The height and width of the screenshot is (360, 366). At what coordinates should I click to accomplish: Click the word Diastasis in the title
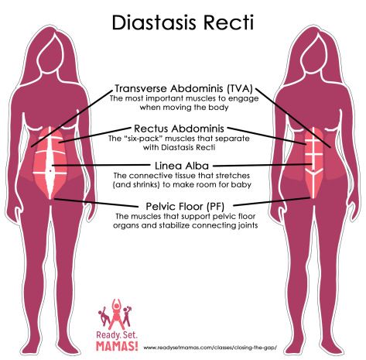[x=156, y=22]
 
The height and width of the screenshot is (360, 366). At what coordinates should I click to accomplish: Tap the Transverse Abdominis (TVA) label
[x=183, y=88]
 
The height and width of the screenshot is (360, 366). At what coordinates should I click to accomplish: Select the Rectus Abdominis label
[x=180, y=129]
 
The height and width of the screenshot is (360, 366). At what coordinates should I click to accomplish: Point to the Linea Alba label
[x=182, y=166]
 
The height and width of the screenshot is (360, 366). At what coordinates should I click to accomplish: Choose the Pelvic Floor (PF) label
[x=185, y=207]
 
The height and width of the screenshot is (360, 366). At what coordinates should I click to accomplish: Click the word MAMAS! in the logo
[x=117, y=346]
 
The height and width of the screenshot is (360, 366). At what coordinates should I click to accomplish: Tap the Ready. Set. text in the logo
[x=117, y=335]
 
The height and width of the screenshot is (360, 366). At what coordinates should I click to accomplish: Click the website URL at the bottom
[x=210, y=348]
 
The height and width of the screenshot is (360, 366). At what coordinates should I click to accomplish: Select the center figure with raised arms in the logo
[x=116, y=313]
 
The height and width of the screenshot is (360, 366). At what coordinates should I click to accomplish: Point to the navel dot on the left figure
[x=50, y=171]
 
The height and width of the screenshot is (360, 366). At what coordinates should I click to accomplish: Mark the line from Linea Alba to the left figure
[x=101, y=165]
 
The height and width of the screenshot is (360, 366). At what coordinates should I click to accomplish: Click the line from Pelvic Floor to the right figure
[x=272, y=202]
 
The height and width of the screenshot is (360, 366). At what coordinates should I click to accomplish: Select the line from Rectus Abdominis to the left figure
[x=94, y=135]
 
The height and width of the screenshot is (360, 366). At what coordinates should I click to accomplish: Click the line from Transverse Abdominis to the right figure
[x=293, y=118]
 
